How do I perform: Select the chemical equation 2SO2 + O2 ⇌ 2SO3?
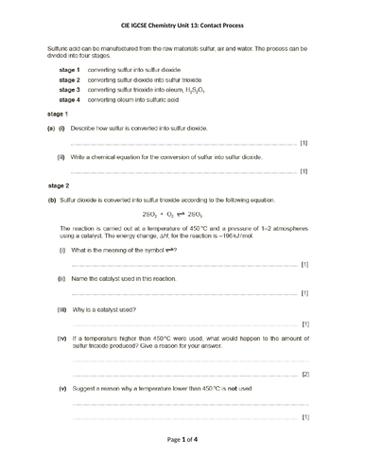coord(182,215)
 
